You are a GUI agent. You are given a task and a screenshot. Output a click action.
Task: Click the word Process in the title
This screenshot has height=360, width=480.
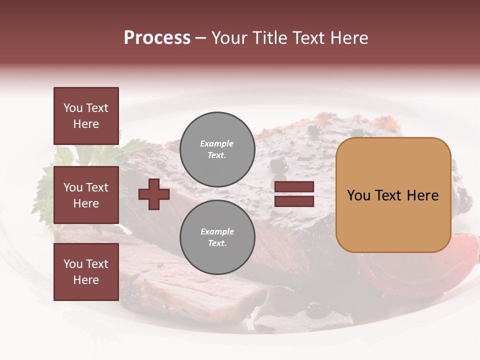point(157,38)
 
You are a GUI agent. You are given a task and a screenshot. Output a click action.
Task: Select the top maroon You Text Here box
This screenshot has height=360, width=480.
point(86,116)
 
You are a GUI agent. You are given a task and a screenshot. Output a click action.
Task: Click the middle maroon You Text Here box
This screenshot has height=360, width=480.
point(86,195)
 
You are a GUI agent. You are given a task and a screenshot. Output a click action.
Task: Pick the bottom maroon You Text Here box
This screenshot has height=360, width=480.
point(86,272)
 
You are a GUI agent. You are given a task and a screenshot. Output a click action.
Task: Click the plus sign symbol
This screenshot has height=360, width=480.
point(154,194)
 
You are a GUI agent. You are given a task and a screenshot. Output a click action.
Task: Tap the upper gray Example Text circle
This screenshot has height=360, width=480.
point(217,149)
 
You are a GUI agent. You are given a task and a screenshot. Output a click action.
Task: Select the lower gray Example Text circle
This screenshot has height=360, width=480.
point(217,237)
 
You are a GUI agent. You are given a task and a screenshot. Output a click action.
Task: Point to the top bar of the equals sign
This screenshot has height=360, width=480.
point(294,187)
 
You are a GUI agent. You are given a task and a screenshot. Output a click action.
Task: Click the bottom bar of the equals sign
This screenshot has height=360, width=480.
point(294,201)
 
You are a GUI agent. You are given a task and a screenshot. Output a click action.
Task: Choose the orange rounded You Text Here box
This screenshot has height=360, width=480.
point(393,195)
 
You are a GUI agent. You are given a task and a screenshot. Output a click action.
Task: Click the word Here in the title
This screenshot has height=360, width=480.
point(348,38)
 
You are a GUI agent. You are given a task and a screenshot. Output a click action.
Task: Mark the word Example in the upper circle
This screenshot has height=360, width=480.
point(217,143)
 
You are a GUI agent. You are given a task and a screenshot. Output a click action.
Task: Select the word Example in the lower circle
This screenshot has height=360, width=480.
point(217,231)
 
